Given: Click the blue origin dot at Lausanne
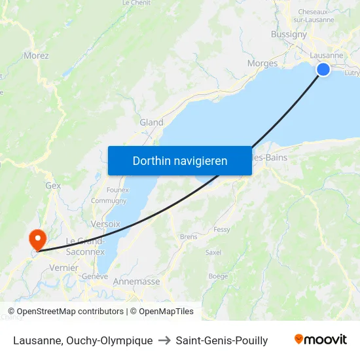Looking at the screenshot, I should click(x=323, y=69).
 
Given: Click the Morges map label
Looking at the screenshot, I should click(x=262, y=63).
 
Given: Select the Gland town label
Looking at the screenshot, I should click(x=151, y=122).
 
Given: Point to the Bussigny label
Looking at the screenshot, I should click(x=289, y=35).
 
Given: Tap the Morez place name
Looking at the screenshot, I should click(x=36, y=56).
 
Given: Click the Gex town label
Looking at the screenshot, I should click(x=53, y=185).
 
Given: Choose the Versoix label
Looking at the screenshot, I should click(x=105, y=224).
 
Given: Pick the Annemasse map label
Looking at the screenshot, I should click(x=136, y=281).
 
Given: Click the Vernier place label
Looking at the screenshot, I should click(x=63, y=268).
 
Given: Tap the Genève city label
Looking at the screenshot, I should click(x=95, y=277).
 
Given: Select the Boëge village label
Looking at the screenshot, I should click(x=218, y=276).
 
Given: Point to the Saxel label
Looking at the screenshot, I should click(x=213, y=252).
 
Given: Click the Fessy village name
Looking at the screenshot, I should click(x=222, y=230).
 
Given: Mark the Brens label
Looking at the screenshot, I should click(x=189, y=237).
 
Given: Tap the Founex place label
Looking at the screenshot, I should click(x=117, y=190).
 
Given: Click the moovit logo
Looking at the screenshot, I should click(x=320, y=340).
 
